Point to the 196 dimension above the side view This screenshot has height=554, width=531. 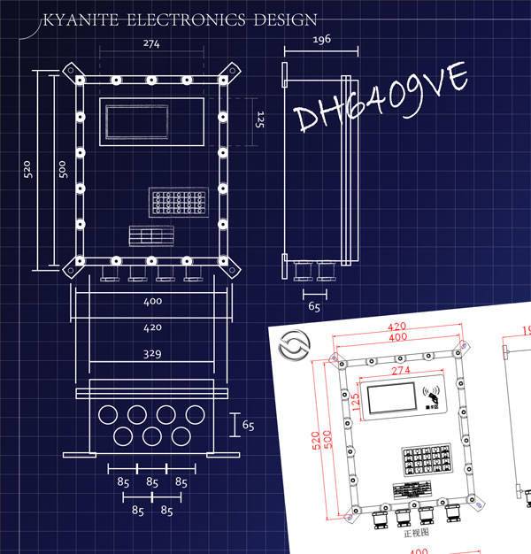(321, 42)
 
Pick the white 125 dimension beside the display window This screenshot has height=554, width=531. (260, 119)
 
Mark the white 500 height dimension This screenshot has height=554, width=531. (62, 168)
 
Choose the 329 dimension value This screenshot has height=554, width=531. (151, 354)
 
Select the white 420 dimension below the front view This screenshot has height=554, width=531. (151, 327)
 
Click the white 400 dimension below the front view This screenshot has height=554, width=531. (151, 302)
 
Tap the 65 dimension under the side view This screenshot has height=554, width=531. (314, 307)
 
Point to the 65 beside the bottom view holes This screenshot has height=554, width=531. (248, 426)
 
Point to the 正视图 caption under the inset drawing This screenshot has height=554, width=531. (414, 534)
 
